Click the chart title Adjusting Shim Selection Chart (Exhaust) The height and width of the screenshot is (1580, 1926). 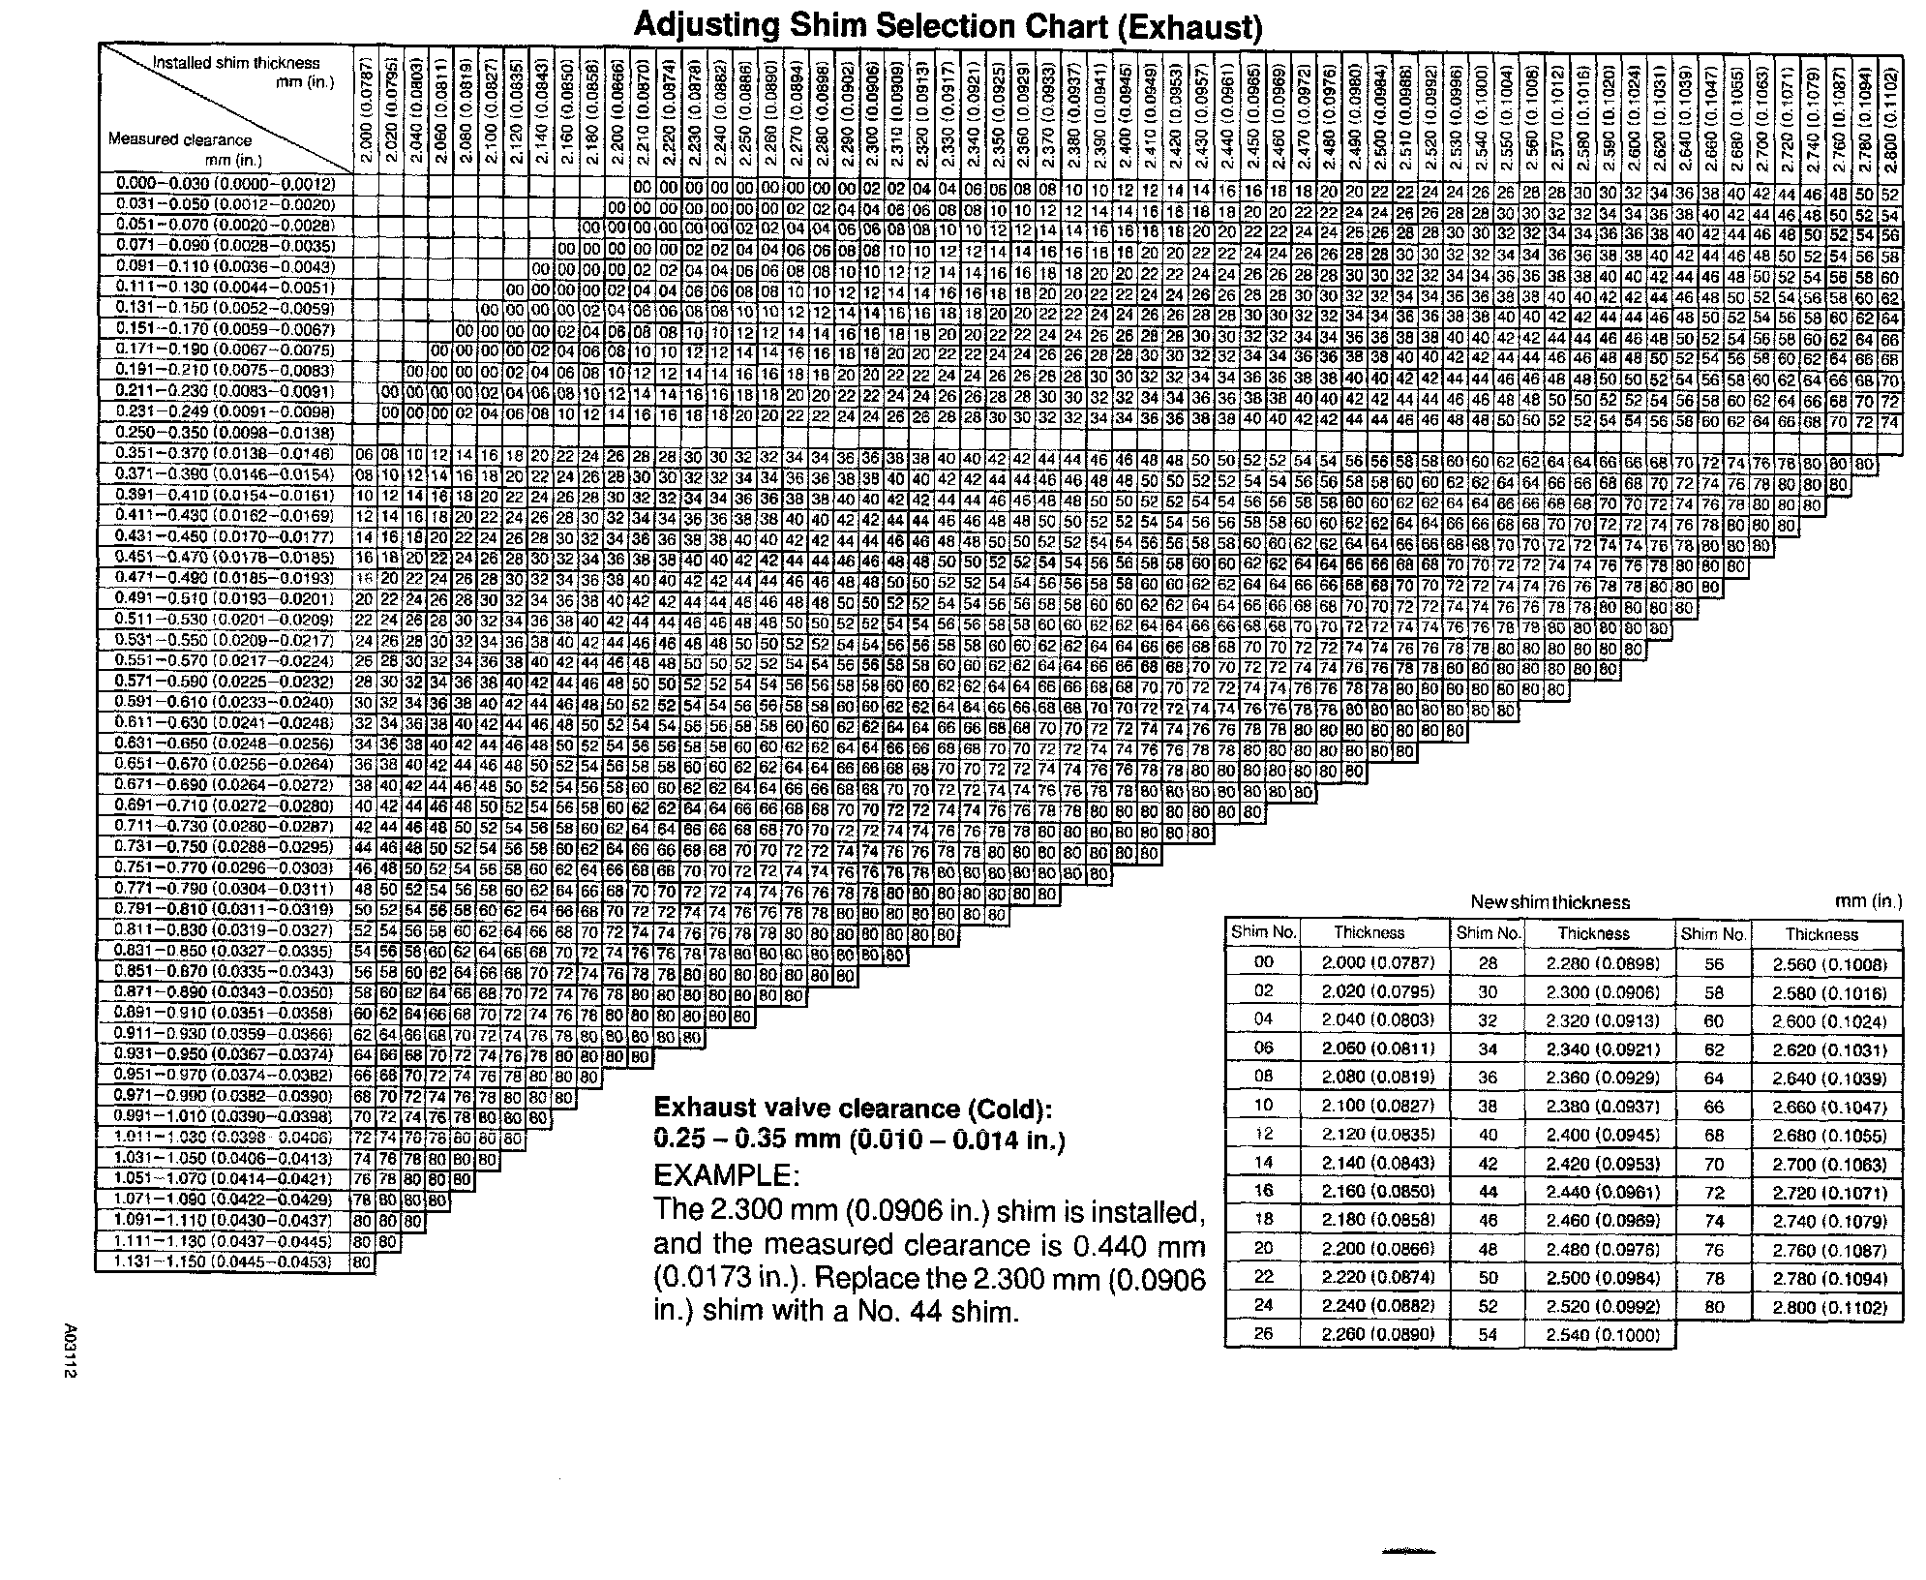tap(948, 25)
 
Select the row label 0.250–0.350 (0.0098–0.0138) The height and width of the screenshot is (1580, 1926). tap(225, 433)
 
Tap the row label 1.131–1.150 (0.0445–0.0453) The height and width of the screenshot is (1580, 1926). tap(225, 1261)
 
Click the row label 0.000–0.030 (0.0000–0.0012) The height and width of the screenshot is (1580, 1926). tap(225, 184)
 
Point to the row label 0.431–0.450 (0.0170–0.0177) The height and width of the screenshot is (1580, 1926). tap(225, 536)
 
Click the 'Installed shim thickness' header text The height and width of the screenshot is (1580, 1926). tap(236, 63)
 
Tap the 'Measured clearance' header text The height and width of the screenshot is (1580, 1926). tap(180, 139)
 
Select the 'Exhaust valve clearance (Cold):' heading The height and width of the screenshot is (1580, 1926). tap(853, 1108)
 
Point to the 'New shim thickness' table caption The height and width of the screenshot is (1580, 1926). tap(1550, 902)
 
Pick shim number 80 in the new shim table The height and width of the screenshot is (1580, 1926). tap(1714, 1306)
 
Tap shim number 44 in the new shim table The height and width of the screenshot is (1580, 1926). tap(1489, 1192)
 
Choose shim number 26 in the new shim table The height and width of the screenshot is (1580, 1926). tap(1263, 1334)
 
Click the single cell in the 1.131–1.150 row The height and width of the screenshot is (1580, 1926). tap(362, 1262)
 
